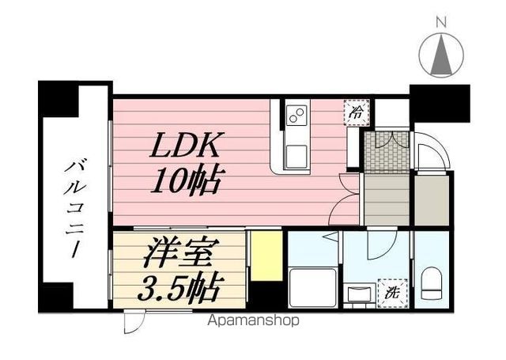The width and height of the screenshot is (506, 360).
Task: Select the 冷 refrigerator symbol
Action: [x=357, y=112]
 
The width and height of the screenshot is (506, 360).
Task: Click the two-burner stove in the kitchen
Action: [x=296, y=116]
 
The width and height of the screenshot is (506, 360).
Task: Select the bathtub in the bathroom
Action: [x=309, y=285]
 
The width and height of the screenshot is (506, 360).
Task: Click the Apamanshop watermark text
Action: [x=254, y=321]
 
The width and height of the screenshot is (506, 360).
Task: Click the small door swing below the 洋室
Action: [x=135, y=323]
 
